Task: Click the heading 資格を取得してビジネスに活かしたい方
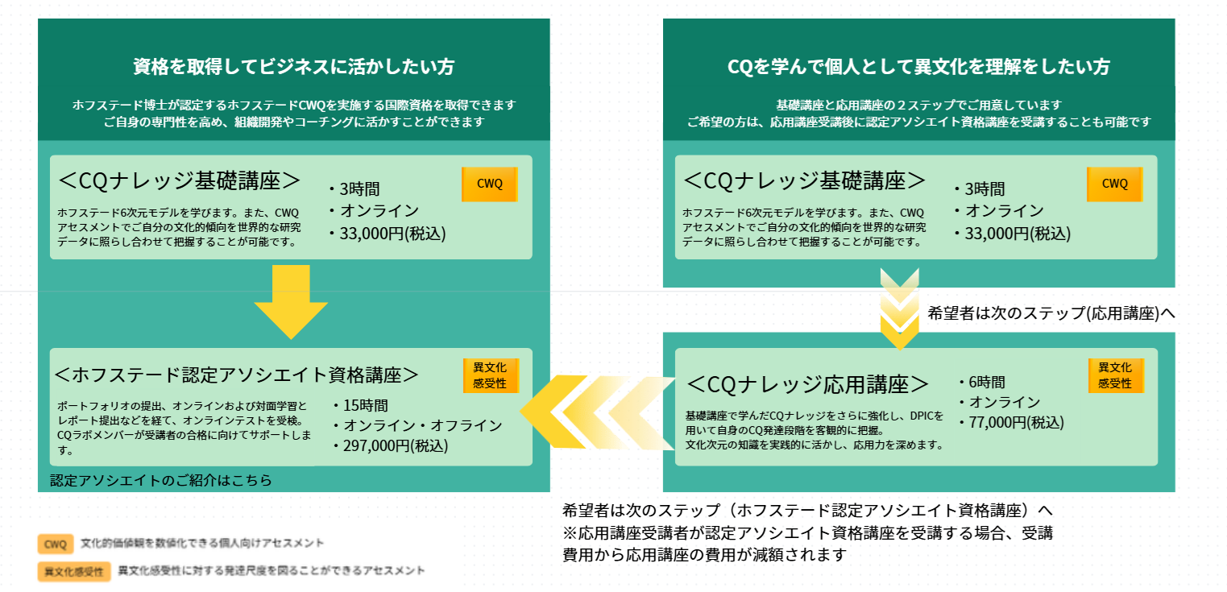[293, 67]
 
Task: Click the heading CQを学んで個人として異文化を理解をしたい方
[918, 67]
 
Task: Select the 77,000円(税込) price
[1011, 422]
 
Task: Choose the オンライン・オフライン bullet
[417, 425]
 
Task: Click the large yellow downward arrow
[291, 302]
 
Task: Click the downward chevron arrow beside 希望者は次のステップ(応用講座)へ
[898, 310]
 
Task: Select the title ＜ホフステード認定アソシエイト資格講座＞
[237, 375]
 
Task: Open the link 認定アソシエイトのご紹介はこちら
[161, 481]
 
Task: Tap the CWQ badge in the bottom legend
[56, 544]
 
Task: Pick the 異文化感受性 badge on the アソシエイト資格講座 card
[490, 375]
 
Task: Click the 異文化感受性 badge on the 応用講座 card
[1115, 375]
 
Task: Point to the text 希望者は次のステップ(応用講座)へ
[1051, 313]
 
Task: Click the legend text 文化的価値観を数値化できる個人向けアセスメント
[202, 544]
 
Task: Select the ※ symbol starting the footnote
[570, 533]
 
